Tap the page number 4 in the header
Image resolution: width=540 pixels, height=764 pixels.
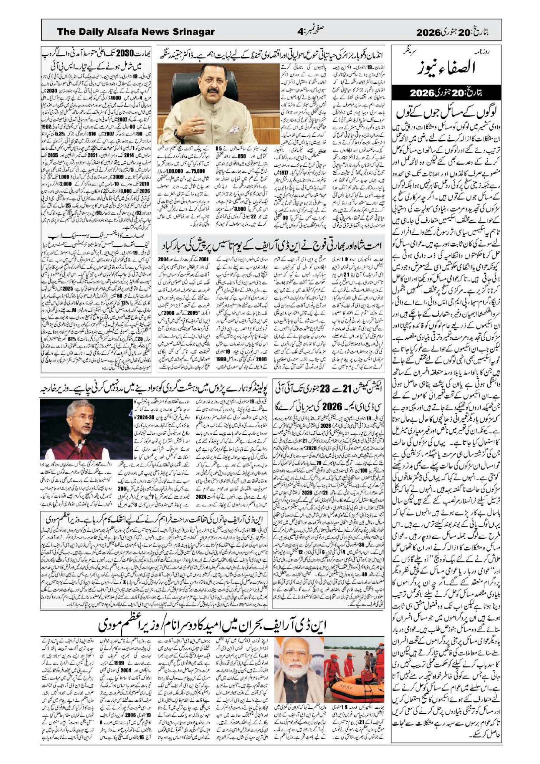tap(301, 32)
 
